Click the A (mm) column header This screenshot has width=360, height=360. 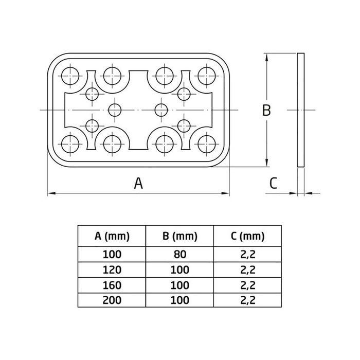point(112,237)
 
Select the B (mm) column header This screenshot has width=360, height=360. point(179,237)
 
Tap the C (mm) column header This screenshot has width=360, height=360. point(247,237)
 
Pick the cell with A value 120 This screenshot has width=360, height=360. point(112,269)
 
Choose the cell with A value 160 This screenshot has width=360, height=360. point(112,284)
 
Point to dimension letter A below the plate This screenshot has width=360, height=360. point(138,183)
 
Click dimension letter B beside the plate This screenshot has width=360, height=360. point(265,111)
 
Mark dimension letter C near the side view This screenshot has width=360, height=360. point(274,183)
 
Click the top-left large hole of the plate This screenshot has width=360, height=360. point(71,76)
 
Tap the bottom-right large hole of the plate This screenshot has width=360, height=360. point(207,143)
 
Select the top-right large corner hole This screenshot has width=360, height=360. point(207,76)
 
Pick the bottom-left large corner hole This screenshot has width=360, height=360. point(71,143)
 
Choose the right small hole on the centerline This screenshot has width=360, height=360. point(161,110)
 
